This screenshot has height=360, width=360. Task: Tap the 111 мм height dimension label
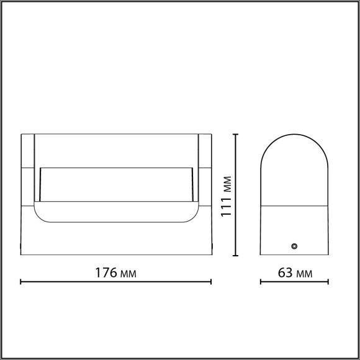(x=227, y=194)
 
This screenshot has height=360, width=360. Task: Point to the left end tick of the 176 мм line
(x=21, y=282)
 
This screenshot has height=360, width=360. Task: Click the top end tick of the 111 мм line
(x=235, y=133)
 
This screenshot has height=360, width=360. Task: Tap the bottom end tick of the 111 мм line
(x=235, y=255)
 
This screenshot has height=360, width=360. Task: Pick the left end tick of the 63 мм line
(x=260, y=282)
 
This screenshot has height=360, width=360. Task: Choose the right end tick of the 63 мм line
(x=328, y=282)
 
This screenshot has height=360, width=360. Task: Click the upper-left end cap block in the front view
(x=27, y=150)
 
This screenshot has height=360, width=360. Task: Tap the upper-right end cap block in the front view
(x=205, y=150)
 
